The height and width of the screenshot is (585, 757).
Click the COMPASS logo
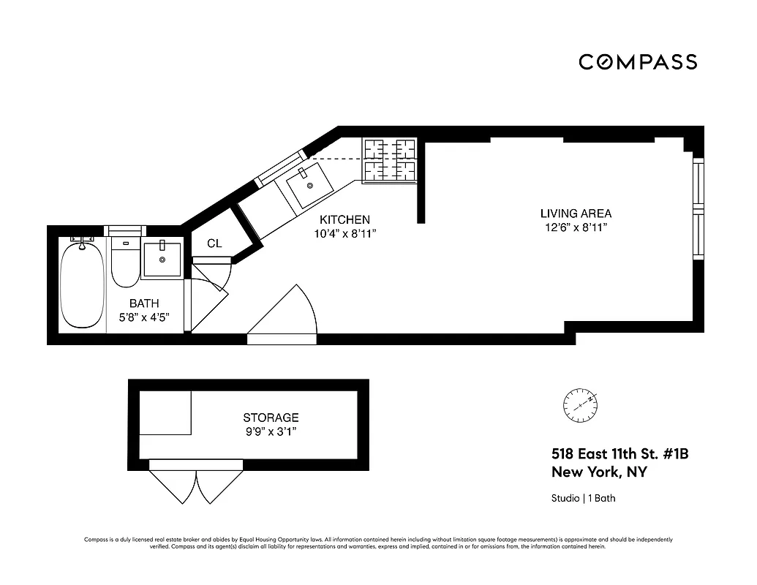coord(638,62)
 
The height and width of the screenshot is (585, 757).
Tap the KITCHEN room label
coord(344,219)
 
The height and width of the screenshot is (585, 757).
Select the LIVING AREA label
coord(576,214)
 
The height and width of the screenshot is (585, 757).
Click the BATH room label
coord(144,303)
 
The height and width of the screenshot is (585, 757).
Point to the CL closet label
coord(214,244)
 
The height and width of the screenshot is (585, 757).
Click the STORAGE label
coord(271,418)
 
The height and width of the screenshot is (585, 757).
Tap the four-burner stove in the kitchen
coord(390,160)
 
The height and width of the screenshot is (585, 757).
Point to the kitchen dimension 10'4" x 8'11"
coord(344,234)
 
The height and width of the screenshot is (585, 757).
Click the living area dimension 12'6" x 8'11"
coord(576,228)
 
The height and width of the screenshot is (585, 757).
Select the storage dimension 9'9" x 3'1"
coord(271,432)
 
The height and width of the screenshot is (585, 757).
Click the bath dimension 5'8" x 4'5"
coord(144,318)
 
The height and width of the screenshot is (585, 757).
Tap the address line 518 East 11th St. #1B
coord(619,454)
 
